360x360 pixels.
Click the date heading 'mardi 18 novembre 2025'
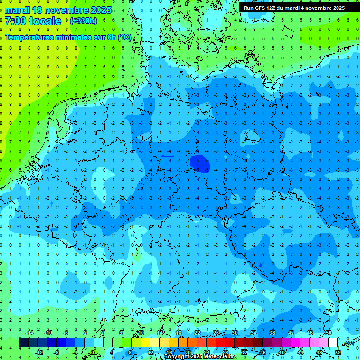point(58,10)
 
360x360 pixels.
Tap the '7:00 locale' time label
point(33,21)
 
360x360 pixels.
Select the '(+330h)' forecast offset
point(83,21)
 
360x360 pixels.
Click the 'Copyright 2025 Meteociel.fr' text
point(200,357)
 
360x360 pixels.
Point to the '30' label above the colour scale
point(234,333)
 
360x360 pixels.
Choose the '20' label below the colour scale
point(187,352)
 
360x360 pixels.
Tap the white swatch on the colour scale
point(333,343)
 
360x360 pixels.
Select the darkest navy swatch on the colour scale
point(23,343)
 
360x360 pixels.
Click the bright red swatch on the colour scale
point(220,343)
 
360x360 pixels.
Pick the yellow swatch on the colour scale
point(155,343)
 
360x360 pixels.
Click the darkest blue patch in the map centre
point(200,163)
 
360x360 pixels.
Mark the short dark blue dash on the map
point(167,156)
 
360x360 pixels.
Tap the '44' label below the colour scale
point(300,352)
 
